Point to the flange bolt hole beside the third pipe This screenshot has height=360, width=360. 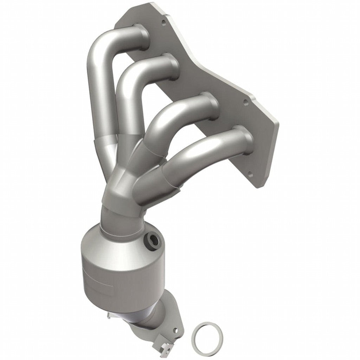245,102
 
